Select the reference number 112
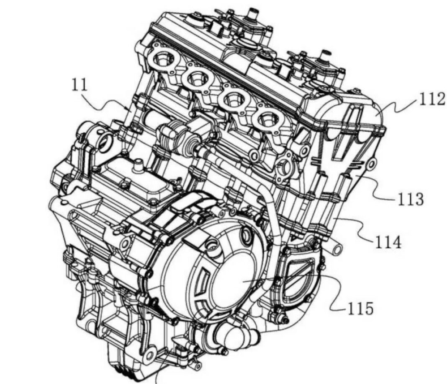(431, 99)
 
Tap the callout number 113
(411, 199)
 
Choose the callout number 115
(360, 308)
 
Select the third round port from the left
(231, 99)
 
